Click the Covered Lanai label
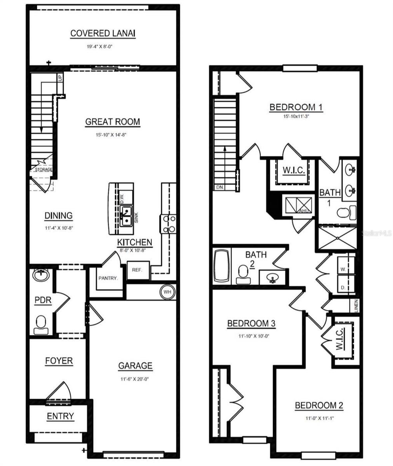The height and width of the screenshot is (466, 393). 103,33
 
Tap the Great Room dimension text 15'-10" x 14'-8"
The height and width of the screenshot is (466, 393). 112,135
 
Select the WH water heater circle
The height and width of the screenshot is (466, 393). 167,291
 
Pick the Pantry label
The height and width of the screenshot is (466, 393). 108,278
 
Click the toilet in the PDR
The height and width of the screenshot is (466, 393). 41,325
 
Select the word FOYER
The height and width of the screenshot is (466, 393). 59,361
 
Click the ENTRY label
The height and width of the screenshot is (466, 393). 60,416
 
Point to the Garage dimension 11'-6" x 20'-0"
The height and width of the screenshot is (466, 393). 135,379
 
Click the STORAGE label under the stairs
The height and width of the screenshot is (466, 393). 43,170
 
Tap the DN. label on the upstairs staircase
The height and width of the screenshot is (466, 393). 220,187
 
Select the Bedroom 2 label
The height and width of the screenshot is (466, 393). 319,406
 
